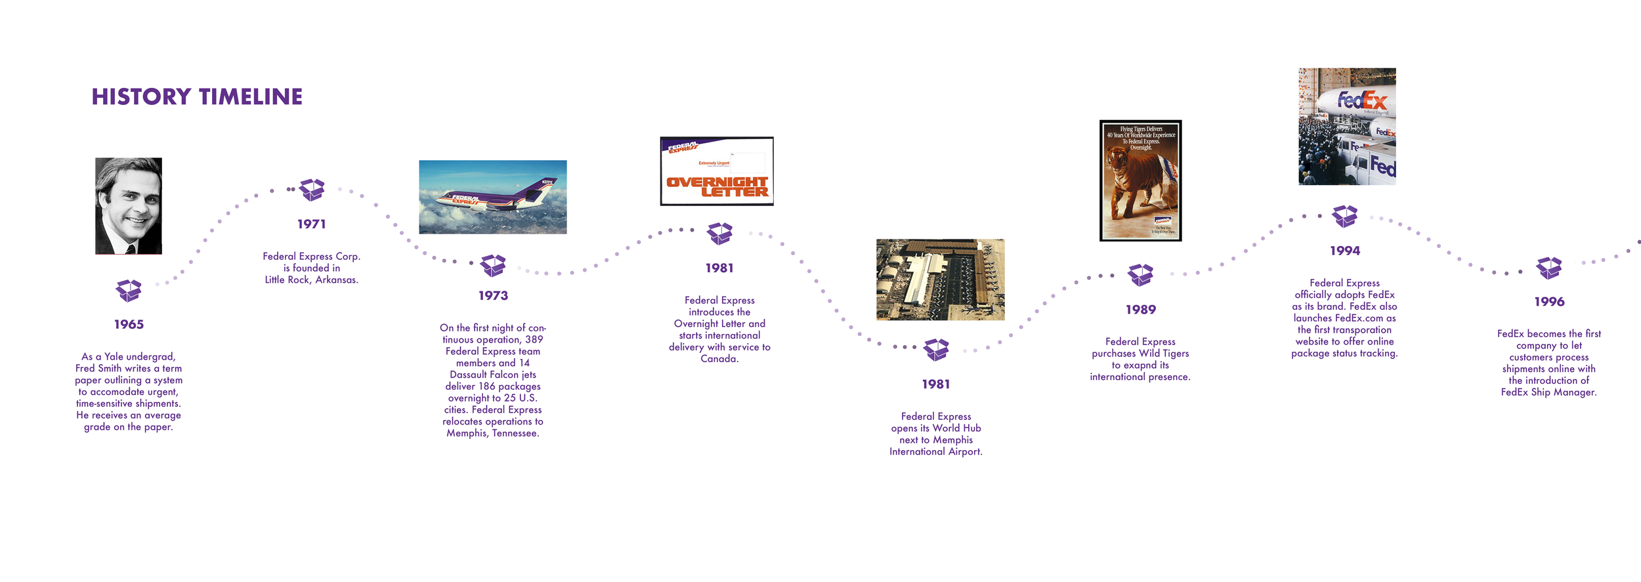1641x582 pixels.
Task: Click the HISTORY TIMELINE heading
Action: [x=197, y=97]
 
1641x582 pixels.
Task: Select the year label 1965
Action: [x=129, y=324]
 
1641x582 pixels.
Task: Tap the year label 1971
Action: [x=311, y=224]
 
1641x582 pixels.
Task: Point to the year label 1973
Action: [x=493, y=296]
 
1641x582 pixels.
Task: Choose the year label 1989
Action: [x=1140, y=310]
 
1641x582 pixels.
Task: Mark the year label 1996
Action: [x=1549, y=302]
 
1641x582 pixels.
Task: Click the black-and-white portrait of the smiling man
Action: [x=129, y=205]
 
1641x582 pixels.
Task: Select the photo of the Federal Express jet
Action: [x=492, y=197]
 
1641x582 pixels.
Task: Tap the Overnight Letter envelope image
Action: [x=717, y=171]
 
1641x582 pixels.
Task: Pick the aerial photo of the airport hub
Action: [x=940, y=280]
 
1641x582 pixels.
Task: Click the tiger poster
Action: [x=1140, y=180]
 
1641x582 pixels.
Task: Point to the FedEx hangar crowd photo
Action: [x=1347, y=126]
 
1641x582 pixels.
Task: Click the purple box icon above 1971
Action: [x=312, y=190]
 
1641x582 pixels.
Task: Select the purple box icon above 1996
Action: [x=1549, y=268]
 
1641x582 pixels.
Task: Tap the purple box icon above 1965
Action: [x=129, y=290]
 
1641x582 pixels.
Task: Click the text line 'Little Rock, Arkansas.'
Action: [x=311, y=280]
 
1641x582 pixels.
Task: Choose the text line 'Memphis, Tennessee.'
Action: [x=493, y=433]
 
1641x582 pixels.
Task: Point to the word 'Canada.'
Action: [x=719, y=359]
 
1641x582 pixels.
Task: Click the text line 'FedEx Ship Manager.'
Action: [x=1548, y=392]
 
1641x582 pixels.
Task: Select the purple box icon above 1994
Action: [x=1344, y=216]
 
